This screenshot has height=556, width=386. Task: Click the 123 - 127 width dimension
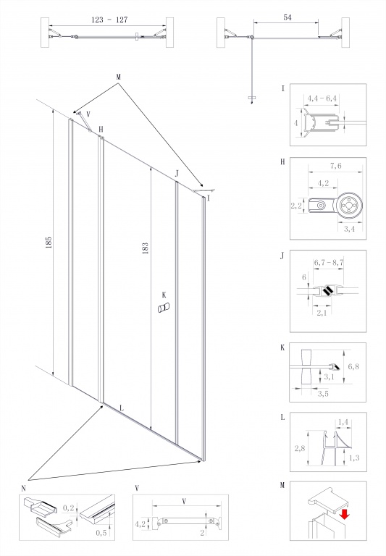point(109,20)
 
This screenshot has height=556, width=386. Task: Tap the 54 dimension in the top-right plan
point(288,17)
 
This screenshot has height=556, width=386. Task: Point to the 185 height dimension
point(49,243)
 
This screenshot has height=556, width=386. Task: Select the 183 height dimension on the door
point(145,248)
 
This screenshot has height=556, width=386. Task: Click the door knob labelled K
point(164,308)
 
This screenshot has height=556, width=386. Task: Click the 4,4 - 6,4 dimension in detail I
point(322,98)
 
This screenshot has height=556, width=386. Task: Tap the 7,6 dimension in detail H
point(335,166)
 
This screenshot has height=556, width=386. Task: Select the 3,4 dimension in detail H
point(349,229)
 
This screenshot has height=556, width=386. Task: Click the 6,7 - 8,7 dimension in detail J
point(329,263)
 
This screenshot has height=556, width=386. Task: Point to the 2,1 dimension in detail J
point(321,313)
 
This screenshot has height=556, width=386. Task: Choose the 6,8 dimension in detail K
point(353,366)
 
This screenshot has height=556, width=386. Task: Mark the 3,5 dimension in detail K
point(323,394)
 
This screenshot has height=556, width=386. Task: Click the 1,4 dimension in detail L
point(343,422)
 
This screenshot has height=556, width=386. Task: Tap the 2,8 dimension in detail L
point(299,449)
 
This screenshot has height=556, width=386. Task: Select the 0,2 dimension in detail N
point(69,508)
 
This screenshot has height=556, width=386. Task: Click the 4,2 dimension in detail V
point(140,523)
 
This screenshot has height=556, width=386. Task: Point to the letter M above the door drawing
point(118,77)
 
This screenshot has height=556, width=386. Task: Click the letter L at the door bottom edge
point(122,408)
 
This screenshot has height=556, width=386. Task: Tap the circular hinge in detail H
point(350,205)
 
